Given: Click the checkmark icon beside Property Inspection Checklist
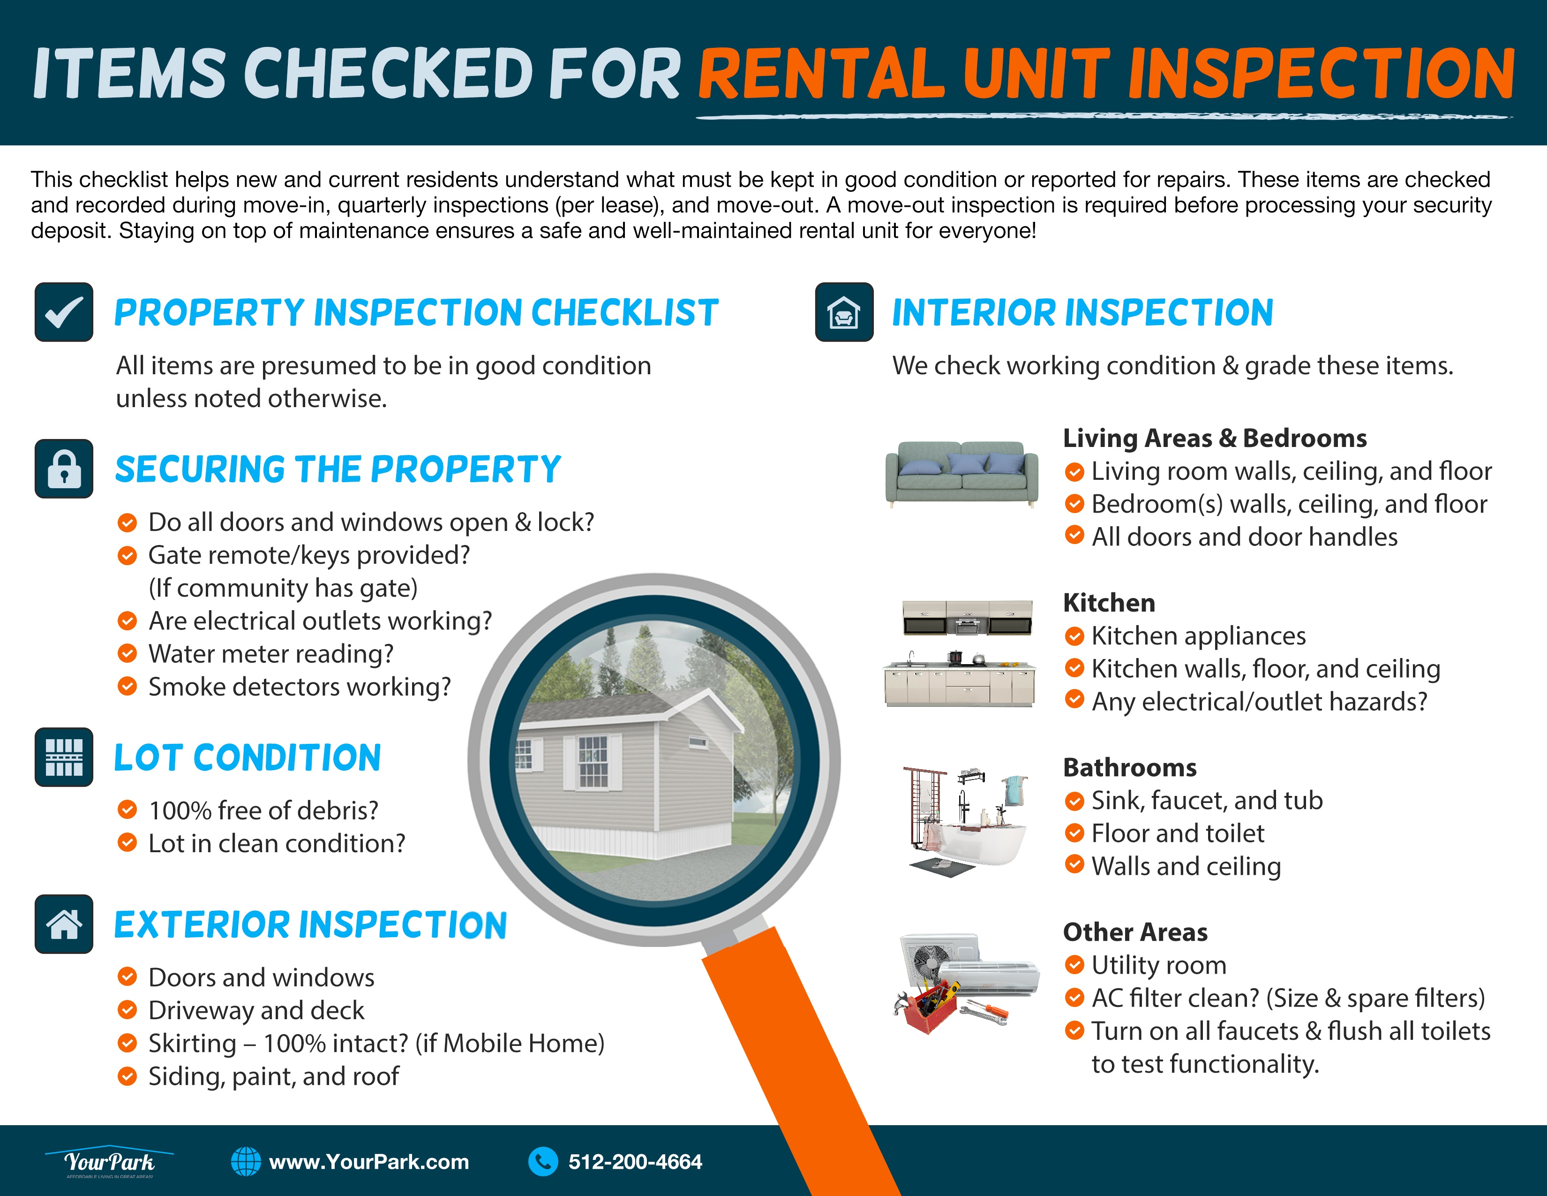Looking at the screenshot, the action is pos(64,312).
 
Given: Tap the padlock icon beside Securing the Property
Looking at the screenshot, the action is pos(64,469).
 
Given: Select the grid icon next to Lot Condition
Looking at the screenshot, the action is pos(64,757).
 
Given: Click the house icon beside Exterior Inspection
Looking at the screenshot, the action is pos(64,924).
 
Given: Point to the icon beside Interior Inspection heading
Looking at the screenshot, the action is pos(844,312).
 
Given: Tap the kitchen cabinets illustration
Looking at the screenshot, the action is pos(960,652).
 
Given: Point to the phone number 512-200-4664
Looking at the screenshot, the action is pos(635,1162).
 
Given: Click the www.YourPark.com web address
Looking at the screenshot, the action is pos(369,1162).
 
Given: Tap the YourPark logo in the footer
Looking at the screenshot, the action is pos(109,1161).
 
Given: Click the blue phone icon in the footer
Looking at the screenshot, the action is pos(543,1162).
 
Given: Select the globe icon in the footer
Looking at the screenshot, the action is pos(246,1162).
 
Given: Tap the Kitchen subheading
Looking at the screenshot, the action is pos(1109,603).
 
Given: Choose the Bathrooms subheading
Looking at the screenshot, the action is pos(1130,767).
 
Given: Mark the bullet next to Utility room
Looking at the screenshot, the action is pos(1074,965).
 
